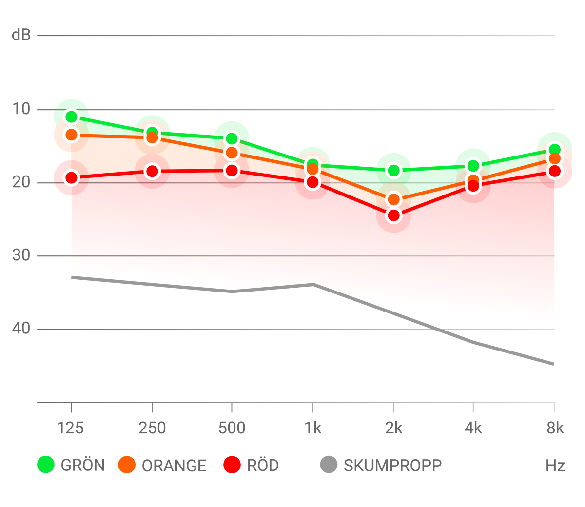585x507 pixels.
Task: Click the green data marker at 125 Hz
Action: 72,117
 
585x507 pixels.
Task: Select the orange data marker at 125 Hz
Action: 72,135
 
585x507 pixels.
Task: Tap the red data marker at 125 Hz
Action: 72,178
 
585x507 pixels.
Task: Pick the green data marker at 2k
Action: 394,171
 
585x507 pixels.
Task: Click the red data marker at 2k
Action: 394,215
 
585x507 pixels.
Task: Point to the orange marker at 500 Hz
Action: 232,153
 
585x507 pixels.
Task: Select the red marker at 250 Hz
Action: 153,172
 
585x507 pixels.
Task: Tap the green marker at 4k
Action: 473,166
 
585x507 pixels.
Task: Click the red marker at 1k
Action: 312,183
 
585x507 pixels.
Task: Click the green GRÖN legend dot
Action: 46,465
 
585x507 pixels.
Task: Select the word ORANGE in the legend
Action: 174,466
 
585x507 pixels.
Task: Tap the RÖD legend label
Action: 263,466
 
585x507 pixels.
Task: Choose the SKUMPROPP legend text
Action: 392,466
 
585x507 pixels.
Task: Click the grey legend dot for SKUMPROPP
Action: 329,465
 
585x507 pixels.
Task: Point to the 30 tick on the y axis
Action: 21,255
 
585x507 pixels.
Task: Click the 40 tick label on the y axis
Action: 21,329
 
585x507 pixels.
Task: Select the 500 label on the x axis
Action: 232,428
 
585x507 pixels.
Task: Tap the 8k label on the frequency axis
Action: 555,428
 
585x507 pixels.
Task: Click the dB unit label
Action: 21,35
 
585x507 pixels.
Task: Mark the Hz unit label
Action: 555,466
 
